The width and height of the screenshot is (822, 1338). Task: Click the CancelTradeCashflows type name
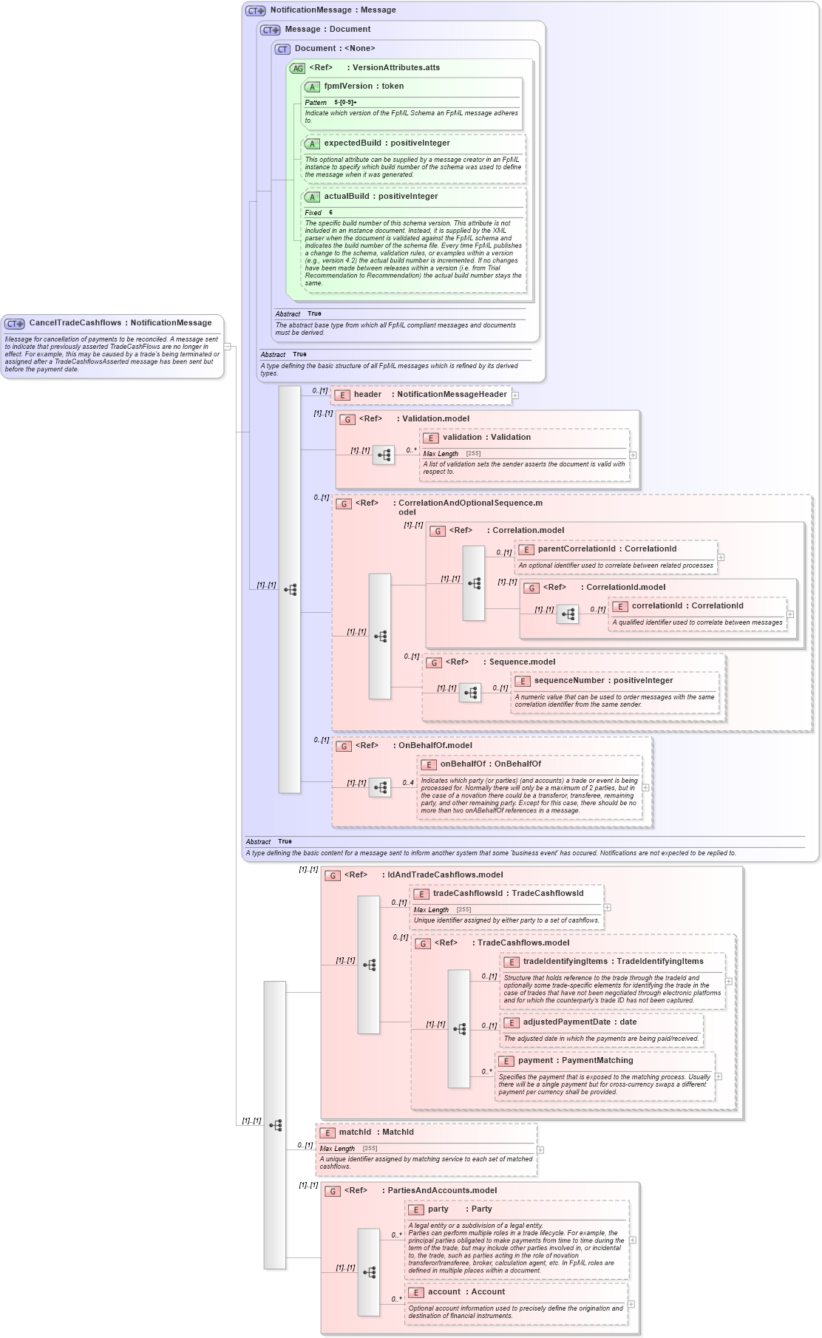click(75, 323)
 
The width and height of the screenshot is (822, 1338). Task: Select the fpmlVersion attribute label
click(348, 86)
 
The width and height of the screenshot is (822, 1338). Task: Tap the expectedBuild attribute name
click(353, 143)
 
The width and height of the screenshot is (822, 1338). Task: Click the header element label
click(367, 395)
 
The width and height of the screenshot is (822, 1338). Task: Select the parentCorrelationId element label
click(576, 549)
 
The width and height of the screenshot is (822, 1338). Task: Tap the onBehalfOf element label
click(463, 764)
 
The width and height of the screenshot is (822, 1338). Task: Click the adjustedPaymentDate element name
click(566, 1022)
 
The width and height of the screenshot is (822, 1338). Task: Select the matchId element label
click(355, 1132)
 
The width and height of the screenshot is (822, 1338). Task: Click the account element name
click(444, 1292)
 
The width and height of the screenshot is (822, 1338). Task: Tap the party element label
click(438, 1209)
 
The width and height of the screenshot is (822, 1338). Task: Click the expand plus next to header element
click(515, 395)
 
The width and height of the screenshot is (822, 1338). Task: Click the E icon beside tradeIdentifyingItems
click(512, 962)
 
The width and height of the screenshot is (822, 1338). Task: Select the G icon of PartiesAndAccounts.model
click(333, 1192)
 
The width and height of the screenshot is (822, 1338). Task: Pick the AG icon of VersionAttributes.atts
click(297, 68)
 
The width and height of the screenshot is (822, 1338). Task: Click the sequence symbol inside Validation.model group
click(383, 455)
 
